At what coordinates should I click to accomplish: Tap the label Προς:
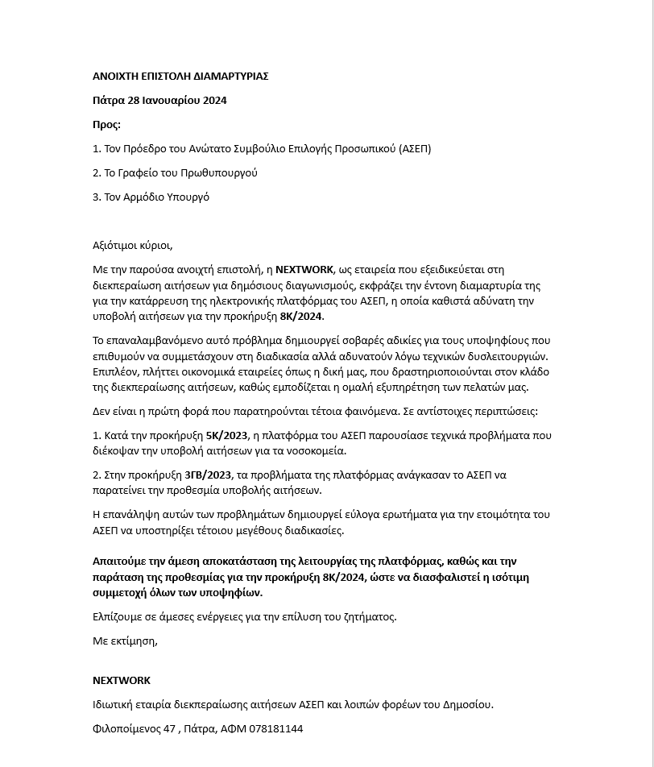pyautogui.click(x=107, y=125)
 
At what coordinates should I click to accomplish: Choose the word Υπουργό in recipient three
pyautogui.click(x=188, y=197)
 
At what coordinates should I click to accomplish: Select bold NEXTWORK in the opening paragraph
pyautogui.click(x=304, y=270)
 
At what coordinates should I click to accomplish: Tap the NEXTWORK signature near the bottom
pyautogui.click(x=122, y=681)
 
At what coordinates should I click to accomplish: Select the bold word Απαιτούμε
pyautogui.click(x=121, y=562)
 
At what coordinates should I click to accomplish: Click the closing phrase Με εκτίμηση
pyautogui.click(x=125, y=641)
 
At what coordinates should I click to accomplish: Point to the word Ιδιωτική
pyautogui.click(x=116, y=705)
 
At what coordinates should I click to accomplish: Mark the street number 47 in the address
pyautogui.click(x=169, y=729)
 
